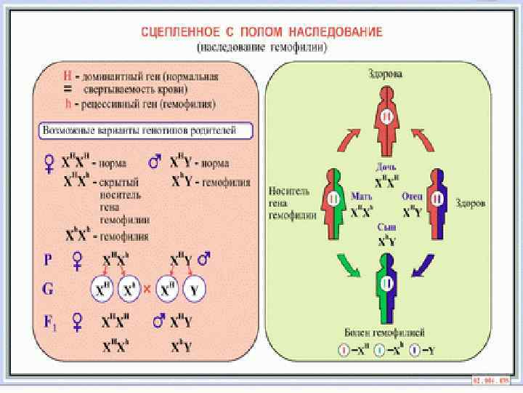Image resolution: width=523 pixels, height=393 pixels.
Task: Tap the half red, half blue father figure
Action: point(435,200)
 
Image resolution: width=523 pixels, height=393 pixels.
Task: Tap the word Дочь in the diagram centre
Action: point(385,165)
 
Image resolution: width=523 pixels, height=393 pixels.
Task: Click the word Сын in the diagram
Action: point(385,228)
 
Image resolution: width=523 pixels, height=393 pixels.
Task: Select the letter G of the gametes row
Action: point(47,289)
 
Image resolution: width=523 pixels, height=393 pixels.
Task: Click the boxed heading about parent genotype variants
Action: point(145,132)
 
